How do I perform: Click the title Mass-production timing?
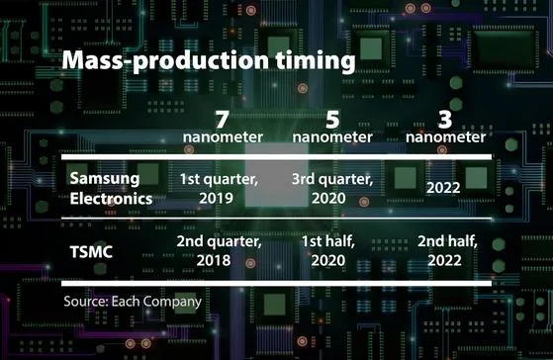click(208, 62)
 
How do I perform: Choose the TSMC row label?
click(92, 251)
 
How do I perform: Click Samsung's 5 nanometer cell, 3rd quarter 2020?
click(331, 188)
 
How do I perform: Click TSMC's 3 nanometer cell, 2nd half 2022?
click(443, 251)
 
